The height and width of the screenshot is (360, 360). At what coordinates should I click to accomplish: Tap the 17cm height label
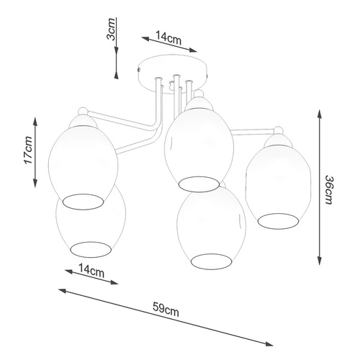click(27, 150)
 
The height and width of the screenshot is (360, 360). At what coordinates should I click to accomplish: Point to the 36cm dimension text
click(329, 192)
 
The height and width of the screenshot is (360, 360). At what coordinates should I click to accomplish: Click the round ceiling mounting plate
click(174, 68)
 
